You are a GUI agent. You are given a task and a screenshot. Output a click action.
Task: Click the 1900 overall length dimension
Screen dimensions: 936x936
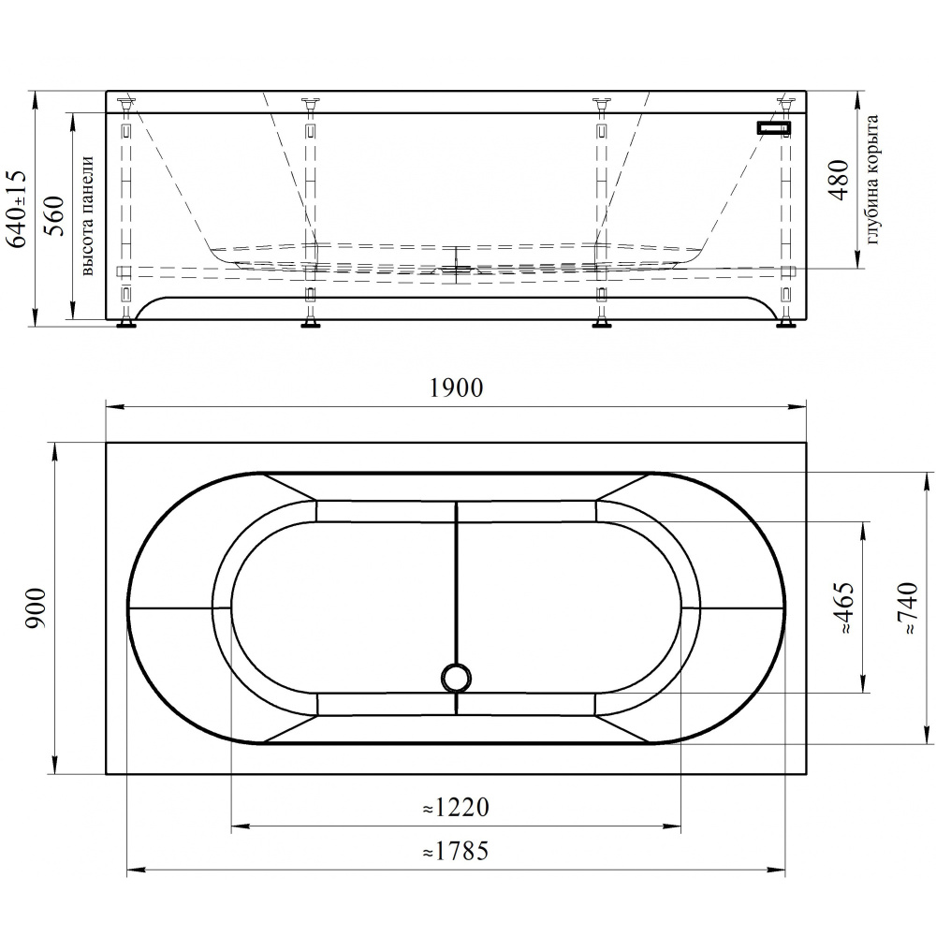456,388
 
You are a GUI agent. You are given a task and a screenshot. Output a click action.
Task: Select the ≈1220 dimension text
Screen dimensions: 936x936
456,808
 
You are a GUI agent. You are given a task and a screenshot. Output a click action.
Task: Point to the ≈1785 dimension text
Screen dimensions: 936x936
456,851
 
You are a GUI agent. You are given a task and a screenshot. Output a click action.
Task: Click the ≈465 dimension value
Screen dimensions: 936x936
845,607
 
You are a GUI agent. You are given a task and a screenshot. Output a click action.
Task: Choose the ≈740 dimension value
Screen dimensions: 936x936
907,607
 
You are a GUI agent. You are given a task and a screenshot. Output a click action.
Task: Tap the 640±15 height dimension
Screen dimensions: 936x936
17,209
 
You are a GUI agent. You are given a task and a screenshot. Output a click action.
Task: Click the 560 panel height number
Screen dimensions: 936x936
55,215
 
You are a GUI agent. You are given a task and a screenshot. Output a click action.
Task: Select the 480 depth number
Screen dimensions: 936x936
840,181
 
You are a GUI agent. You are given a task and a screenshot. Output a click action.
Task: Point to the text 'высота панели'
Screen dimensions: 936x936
88,215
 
